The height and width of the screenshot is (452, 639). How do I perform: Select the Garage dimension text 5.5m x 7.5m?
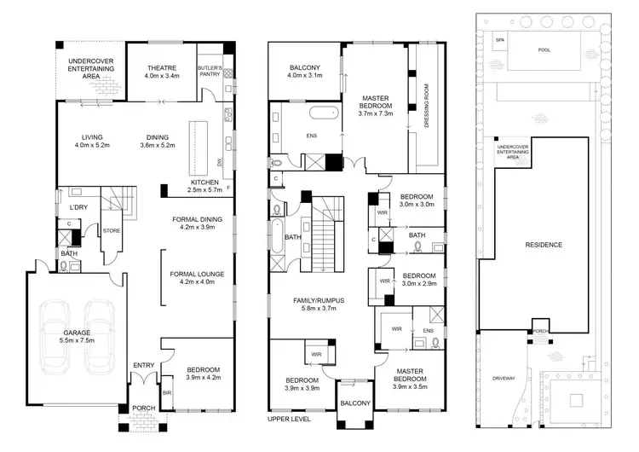(77, 341)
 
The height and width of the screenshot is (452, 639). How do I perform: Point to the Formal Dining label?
(197, 219)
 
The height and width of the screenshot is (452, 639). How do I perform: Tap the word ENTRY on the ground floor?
(142, 366)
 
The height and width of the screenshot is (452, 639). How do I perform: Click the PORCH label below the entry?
(142, 409)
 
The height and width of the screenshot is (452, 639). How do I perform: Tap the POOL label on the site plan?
(544, 50)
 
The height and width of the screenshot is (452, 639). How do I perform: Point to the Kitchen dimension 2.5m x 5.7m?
(204, 190)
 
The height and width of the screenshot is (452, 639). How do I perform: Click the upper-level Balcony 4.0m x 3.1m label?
(304, 72)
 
